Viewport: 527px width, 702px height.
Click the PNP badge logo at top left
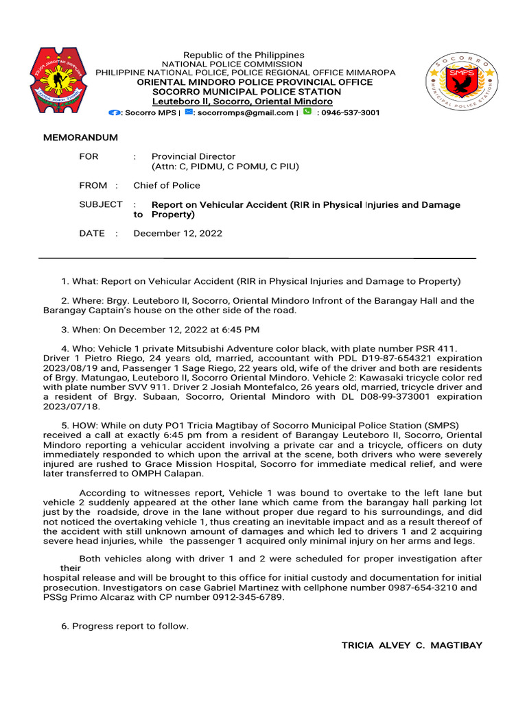[x=59, y=80]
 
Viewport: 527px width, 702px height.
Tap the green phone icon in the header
[x=307, y=112]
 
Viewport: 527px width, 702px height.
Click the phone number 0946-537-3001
[x=351, y=112]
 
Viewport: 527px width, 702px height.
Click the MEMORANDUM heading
[x=80, y=137]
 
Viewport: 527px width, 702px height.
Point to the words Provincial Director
[x=193, y=156]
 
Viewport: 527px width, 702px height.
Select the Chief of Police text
[x=167, y=185]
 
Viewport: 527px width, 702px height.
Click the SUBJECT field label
[x=101, y=204]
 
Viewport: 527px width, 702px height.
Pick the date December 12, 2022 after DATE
[x=178, y=233]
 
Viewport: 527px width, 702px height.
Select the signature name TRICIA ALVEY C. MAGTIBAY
[x=412, y=645]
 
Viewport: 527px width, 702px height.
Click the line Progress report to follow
[x=130, y=626]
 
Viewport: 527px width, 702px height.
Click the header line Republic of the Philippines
[x=243, y=55]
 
